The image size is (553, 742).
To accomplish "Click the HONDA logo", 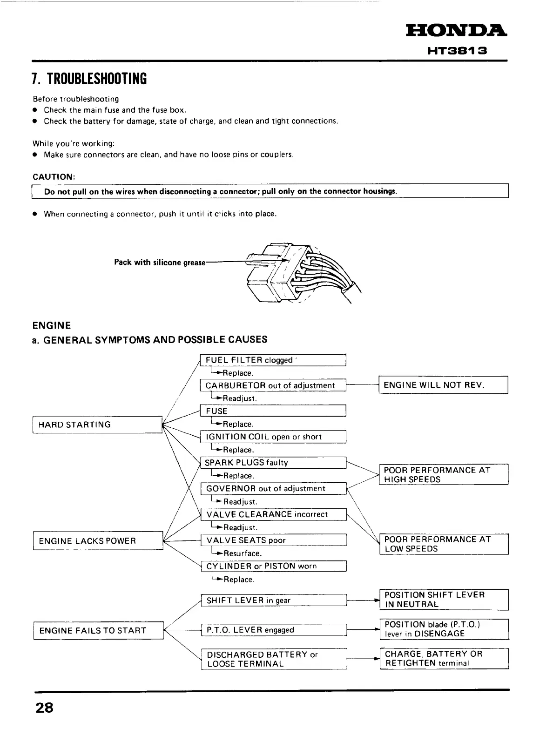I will point(456,31).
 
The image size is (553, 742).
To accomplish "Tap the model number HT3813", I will point(457,50).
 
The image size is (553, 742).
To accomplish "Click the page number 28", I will point(45,708).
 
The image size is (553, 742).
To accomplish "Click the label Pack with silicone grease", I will point(160,263).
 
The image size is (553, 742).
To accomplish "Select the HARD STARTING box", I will point(97,425).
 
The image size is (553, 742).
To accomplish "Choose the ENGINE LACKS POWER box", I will point(98,541).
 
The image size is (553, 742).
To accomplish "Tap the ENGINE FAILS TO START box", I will point(98,631).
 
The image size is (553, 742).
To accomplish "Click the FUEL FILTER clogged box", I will point(273,360).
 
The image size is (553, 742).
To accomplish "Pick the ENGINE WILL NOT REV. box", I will point(443,385).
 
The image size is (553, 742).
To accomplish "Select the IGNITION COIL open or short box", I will point(273,437).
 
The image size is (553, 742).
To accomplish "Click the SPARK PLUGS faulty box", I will point(273,463).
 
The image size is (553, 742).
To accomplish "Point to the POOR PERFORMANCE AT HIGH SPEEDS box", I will point(444,475).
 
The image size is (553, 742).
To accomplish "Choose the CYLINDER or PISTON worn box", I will point(274,567).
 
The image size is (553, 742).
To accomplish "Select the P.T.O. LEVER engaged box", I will point(274,630).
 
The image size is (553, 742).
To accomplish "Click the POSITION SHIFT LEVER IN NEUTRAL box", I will point(444,600).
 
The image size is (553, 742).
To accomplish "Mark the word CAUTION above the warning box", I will point(54,177).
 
